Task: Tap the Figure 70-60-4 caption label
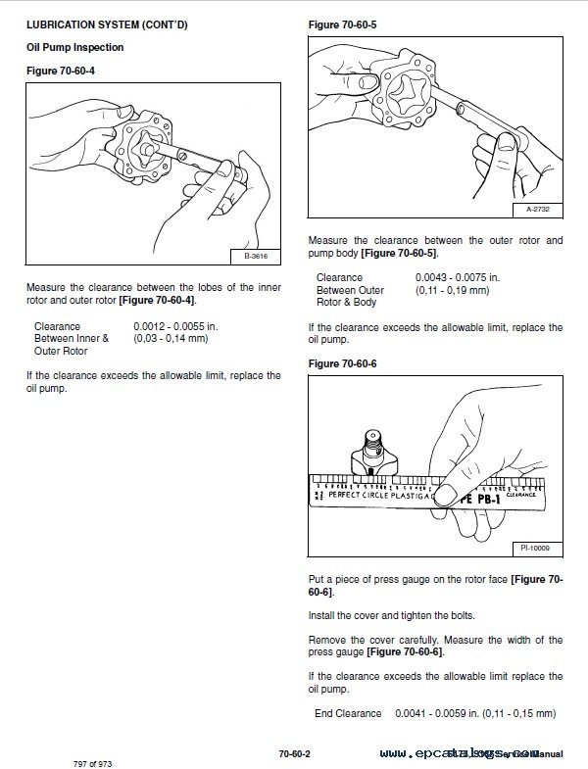[61, 71]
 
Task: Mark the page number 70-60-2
[294, 752]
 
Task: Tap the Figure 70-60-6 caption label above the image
[342, 363]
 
